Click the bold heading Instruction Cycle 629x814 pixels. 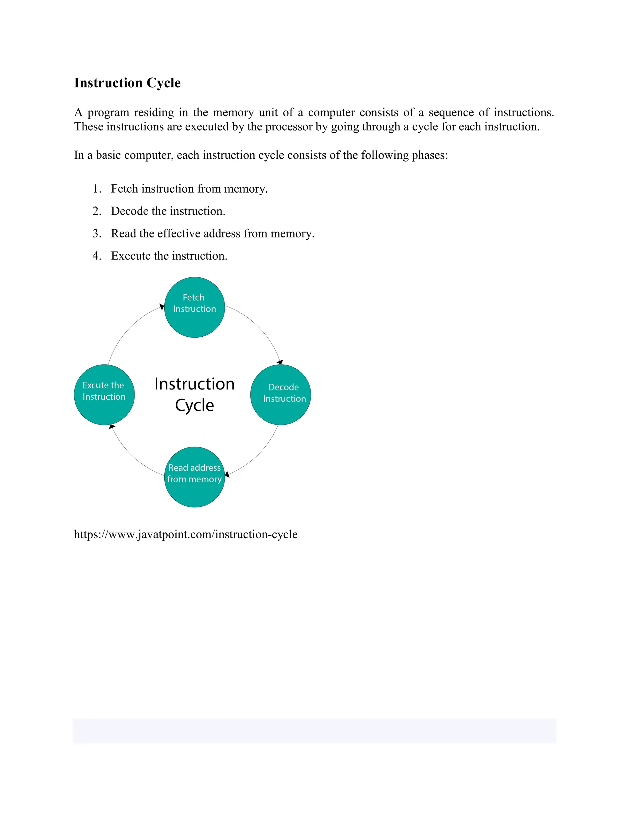coord(127,83)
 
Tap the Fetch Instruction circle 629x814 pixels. coord(194,307)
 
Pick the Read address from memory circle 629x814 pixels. coord(194,477)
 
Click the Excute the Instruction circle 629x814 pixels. coord(104,394)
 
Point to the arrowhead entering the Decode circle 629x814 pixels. coord(280,362)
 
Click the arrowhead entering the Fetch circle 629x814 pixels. coord(162,307)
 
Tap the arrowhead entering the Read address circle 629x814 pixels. coord(227,475)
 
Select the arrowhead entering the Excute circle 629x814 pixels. coord(112,426)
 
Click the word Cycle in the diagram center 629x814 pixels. coord(194,405)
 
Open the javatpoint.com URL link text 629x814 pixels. coord(186,534)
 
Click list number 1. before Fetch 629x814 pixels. coord(97,189)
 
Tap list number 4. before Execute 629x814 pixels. coord(97,256)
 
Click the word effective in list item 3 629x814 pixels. coord(179,234)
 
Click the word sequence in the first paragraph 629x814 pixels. coord(451,112)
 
